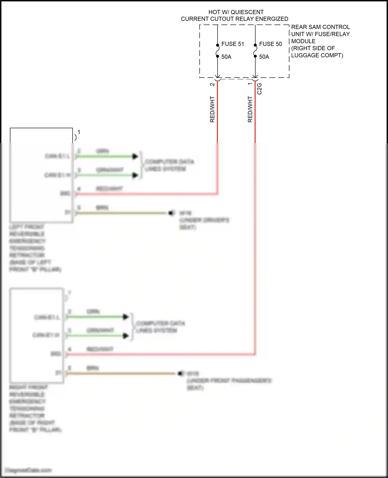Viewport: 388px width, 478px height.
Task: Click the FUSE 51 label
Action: pyautogui.click(x=232, y=44)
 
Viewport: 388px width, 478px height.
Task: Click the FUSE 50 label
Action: pyautogui.click(x=270, y=44)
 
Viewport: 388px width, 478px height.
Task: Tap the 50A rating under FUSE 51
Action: pyautogui.click(x=226, y=57)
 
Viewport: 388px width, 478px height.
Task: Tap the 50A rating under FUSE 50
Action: pyautogui.click(x=264, y=57)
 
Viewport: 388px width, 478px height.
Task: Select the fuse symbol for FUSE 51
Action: pyautogui.click(x=218, y=50)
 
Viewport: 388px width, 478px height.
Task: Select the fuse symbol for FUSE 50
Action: pyautogui.click(x=255, y=50)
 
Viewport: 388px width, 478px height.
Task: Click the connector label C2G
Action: pyautogui.click(x=259, y=89)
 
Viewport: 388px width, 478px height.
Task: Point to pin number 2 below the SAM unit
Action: pyautogui.click(x=212, y=84)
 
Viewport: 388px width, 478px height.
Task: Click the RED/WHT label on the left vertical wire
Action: pyautogui.click(x=212, y=109)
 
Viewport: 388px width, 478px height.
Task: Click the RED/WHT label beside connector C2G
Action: pyautogui.click(x=250, y=109)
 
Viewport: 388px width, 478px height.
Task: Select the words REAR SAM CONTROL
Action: pyautogui.click(x=320, y=27)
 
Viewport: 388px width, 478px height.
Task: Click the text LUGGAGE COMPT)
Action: pyautogui.click(x=317, y=55)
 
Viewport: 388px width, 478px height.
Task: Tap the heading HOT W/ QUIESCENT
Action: pyautogui.click(x=236, y=12)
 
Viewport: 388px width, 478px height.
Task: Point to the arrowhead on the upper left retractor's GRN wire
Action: pyautogui.click(x=135, y=156)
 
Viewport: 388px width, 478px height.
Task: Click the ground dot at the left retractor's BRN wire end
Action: pyautogui.click(x=171, y=213)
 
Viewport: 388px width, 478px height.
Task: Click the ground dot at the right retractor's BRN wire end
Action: pyautogui.click(x=180, y=373)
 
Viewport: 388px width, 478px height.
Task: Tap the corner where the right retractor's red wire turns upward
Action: pyautogui.click(x=255, y=354)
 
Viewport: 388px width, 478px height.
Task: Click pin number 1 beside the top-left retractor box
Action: pyautogui.click(x=79, y=132)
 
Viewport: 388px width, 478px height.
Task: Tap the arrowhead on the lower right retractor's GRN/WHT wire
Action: pyautogui.click(x=125, y=336)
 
